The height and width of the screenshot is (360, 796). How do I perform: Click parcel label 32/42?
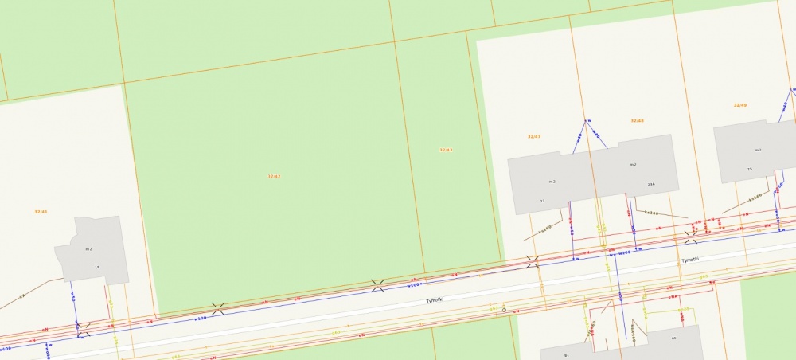(x=274, y=176)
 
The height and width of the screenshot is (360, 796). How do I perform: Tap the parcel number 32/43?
(x=446, y=150)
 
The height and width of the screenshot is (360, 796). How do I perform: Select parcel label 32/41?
(x=41, y=212)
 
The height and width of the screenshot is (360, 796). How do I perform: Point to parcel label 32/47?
(x=534, y=137)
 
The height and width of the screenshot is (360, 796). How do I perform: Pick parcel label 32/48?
(x=637, y=121)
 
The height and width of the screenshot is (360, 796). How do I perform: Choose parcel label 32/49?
(x=740, y=105)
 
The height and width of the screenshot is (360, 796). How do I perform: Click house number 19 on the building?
(x=97, y=267)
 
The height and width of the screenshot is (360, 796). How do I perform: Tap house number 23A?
(x=650, y=185)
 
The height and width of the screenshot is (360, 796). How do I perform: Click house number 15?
(x=750, y=170)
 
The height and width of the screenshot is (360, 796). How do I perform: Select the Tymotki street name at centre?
(x=434, y=300)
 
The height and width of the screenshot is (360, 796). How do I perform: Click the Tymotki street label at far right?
(x=689, y=260)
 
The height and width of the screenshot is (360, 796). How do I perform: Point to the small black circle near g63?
(x=504, y=310)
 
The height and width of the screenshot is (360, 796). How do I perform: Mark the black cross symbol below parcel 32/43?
(x=378, y=284)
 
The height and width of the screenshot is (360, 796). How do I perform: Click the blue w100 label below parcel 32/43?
(x=413, y=284)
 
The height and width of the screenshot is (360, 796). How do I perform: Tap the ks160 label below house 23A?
(x=650, y=213)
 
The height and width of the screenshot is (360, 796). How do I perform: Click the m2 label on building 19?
(x=89, y=249)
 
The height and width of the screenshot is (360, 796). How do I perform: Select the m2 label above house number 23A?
(x=633, y=165)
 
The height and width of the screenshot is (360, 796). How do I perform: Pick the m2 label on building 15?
(x=758, y=150)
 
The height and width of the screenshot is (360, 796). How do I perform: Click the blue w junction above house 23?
(x=587, y=122)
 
